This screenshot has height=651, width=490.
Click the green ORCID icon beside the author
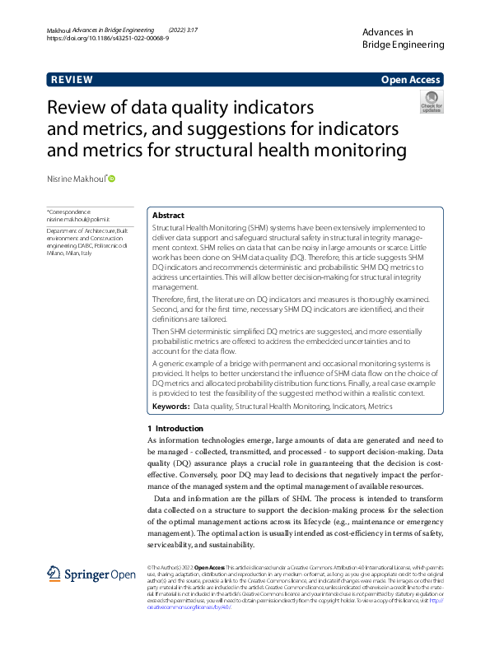[x=112, y=179]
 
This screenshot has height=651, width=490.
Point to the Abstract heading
[x=168, y=215]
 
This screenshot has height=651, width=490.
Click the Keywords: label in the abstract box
[x=171, y=407]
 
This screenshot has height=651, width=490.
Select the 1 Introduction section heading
[x=175, y=428]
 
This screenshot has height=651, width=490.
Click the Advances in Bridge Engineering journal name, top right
[x=403, y=37]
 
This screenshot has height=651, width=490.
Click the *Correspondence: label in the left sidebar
[x=69, y=212]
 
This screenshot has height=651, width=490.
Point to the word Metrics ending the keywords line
[x=380, y=407]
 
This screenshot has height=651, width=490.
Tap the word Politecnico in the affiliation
[x=109, y=246]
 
